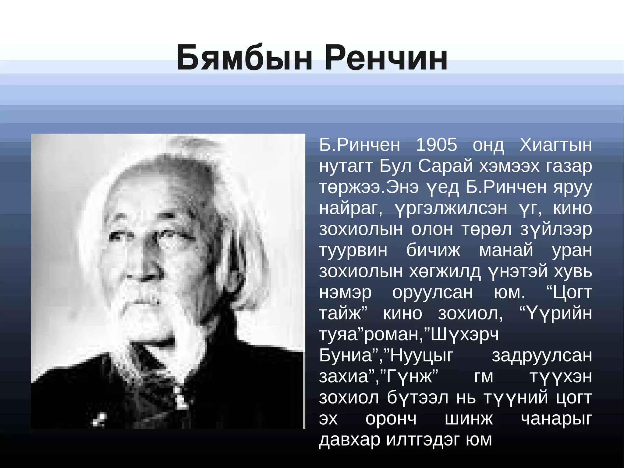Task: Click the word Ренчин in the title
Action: [x=386, y=58]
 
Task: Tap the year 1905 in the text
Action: [x=436, y=145]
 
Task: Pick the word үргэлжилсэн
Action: [x=451, y=209]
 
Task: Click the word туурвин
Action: [x=353, y=250]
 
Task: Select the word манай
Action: [x=506, y=250]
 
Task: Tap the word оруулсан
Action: [x=432, y=292]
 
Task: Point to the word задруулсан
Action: [x=542, y=355]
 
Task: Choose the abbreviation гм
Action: [x=484, y=377]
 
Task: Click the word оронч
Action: [x=391, y=419]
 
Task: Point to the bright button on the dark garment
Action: [x=181, y=401]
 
